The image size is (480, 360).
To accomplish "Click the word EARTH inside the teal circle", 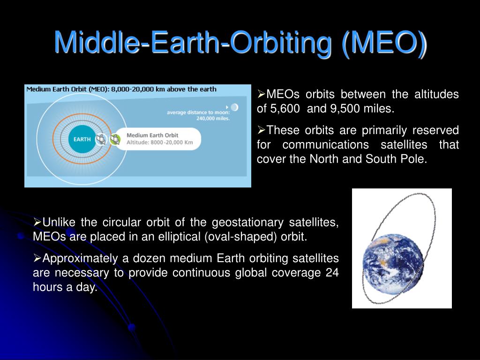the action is coord(82,139).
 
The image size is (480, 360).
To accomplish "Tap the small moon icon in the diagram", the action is coord(234,107).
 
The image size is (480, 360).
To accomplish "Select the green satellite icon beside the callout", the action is coord(115,140).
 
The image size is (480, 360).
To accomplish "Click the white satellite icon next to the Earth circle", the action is coord(101,139).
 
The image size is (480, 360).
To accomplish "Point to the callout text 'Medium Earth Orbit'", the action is coord(152,135).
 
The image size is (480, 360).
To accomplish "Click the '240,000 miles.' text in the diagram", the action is coord(213,119).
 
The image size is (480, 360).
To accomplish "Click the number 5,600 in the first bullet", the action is coord(285,109).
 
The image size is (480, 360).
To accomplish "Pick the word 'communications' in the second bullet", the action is coord(325,144).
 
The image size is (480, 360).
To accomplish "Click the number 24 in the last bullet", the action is coord(332,272).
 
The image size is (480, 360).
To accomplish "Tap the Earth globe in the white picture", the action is coord(393,264).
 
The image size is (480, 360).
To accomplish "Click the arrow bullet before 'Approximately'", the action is coord(37,258).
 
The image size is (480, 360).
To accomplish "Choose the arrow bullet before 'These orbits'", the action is coord(261,130).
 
